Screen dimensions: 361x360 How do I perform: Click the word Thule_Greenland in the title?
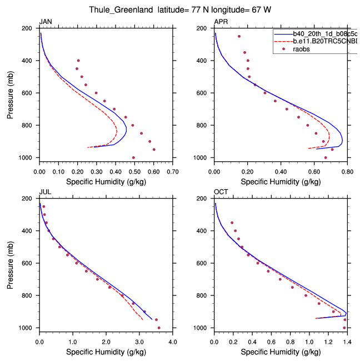(114, 9)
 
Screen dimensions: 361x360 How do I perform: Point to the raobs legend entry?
(302, 49)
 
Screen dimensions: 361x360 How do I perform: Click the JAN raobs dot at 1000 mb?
(133, 157)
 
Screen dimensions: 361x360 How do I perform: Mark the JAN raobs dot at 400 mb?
(78, 60)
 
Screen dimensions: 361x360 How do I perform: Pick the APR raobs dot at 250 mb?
(239, 36)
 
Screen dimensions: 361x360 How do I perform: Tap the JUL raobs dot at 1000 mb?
(159, 328)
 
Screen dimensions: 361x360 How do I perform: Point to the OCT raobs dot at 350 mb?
(232, 222)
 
